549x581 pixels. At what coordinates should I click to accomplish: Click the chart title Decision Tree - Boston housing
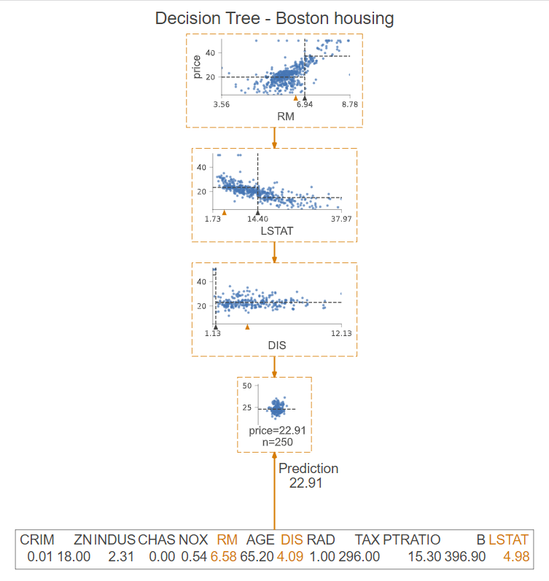[274, 18]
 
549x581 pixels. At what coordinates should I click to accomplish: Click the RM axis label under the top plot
[286, 117]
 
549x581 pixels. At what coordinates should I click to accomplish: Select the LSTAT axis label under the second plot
[275, 231]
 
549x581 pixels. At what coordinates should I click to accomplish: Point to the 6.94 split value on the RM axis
[305, 105]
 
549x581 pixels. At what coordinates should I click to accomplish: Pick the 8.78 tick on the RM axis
[351, 105]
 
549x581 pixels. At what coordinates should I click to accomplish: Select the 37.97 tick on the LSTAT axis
[342, 219]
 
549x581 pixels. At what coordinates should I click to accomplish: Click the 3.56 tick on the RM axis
[221, 105]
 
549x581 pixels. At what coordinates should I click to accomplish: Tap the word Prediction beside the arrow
[308, 469]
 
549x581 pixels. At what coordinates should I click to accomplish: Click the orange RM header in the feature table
[227, 540]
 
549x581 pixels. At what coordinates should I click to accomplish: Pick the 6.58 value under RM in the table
[224, 557]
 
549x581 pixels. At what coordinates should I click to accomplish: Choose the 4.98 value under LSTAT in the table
[515, 557]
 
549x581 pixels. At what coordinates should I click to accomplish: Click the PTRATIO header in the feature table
[412, 540]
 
